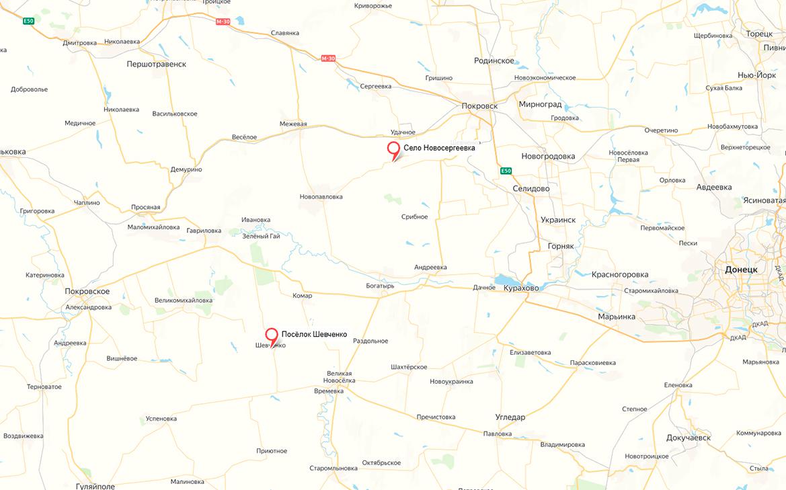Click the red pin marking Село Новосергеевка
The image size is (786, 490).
tap(393, 150)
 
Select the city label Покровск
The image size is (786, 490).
tap(480, 106)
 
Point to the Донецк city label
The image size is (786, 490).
tap(741, 270)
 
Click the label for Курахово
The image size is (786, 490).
tap(521, 288)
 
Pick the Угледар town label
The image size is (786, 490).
tap(510, 417)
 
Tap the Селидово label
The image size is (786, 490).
tap(530, 189)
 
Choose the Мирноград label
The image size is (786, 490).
tap(540, 105)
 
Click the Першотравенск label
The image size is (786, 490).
tap(156, 64)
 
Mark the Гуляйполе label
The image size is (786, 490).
tap(95, 486)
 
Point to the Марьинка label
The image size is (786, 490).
tap(617, 317)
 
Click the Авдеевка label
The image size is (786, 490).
tap(714, 187)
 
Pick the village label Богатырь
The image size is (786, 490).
tap(380, 286)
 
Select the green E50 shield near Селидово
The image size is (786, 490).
tap(506, 171)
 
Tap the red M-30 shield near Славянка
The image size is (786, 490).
tap(223, 22)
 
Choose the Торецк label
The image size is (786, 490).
tap(760, 34)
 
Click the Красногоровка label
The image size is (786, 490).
tap(619, 274)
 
